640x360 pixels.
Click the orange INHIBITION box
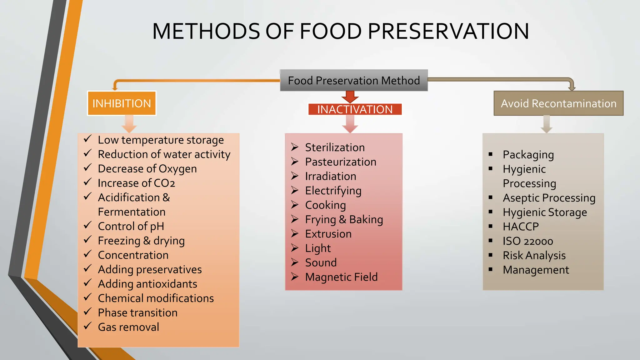pos(122,103)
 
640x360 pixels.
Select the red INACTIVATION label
pos(355,109)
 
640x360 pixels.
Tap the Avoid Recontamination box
pos(558,103)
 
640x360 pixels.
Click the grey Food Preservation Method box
pos(353,81)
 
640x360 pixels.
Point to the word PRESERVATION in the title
pos(448,31)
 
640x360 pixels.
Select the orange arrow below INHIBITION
pos(129,124)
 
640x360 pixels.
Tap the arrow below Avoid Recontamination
pos(546,124)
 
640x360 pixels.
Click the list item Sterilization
pos(335,147)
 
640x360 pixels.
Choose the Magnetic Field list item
pos(341,277)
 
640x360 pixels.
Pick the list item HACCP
pos(521,227)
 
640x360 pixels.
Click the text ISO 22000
pos(528,241)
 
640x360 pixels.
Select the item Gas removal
pos(128,327)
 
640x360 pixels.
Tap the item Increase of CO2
pos(136,183)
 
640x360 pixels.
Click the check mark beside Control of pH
pos(88,225)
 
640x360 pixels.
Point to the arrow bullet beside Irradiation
pos(295,176)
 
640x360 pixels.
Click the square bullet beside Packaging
pos(491,154)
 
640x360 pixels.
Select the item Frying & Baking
pos(344,219)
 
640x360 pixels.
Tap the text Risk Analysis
pos(534,255)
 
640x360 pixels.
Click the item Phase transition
pos(137,312)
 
